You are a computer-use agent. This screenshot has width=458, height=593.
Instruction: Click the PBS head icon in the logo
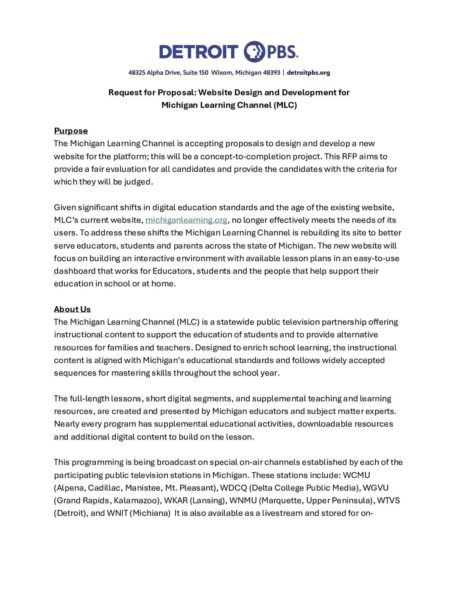click(x=254, y=52)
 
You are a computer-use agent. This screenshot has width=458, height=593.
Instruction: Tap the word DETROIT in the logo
click(x=198, y=52)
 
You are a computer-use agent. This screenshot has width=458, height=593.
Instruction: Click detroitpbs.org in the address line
click(x=308, y=73)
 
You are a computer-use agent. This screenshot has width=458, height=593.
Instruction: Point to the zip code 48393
click(x=271, y=73)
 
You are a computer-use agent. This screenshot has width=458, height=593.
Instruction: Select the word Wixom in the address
click(x=222, y=73)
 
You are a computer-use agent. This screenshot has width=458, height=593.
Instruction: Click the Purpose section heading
click(x=71, y=131)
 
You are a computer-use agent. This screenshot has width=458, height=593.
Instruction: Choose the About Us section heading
click(x=72, y=309)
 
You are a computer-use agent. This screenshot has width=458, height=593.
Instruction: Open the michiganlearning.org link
click(x=186, y=220)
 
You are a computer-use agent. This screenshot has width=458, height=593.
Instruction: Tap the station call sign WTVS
click(x=388, y=501)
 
